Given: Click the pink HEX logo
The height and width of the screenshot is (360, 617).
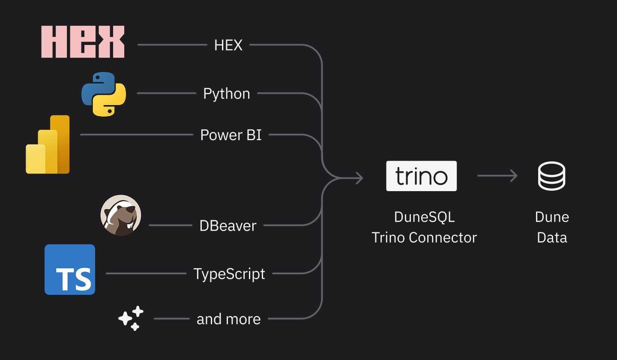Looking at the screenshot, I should (x=83, y=42).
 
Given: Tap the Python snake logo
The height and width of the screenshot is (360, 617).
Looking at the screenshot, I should (x=104, y=94).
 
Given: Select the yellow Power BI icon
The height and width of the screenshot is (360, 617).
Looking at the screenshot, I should (x=48, y=144).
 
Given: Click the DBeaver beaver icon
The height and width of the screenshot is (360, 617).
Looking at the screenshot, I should (x=121, y=215).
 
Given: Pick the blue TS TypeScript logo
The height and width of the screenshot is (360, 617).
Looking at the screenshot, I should (x=70, y=270).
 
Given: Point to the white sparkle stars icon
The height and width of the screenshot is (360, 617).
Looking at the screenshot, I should (x=131, y=318).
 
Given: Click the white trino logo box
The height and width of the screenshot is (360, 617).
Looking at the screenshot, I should (x=421, y=176).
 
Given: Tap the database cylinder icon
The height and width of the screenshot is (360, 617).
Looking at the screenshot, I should (x=551, y=176).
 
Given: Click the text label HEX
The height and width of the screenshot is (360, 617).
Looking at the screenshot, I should (x=228, y=45).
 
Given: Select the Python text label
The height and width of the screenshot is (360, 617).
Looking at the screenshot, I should (x=226, y=94).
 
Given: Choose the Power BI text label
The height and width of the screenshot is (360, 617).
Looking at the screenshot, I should (x=231, y=135).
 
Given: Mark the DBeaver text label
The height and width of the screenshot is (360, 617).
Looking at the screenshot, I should (x=228, y=226).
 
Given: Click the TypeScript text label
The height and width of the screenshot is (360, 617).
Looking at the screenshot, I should (x=229, y=274).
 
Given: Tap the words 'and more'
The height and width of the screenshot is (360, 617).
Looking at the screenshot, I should (x=228, y=319).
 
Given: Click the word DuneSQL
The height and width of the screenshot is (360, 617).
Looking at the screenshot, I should (x=424, y=217).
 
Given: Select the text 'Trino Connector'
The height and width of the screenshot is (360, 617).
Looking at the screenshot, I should (x=424, y=237).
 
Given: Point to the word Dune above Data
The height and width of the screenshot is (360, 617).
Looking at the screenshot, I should (x=552, y=217).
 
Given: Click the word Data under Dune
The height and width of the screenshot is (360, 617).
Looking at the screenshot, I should (x=552, y=237).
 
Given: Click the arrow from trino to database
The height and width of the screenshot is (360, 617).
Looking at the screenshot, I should (x=497, y=176).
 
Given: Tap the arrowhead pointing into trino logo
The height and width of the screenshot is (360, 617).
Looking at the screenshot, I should (x=359, y=177).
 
